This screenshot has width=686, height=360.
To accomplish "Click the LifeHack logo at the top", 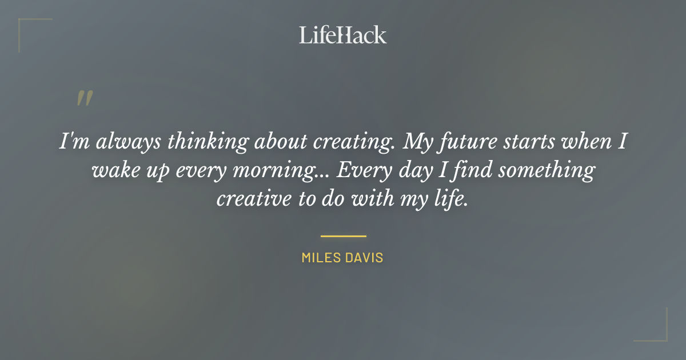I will tap(342, 35).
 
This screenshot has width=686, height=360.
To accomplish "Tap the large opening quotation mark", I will tap(84, 99).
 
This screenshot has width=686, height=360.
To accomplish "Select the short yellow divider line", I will tap(343, 235).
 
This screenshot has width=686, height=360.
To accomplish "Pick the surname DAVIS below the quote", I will tap(364, 258).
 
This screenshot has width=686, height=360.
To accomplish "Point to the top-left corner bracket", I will tap(29, 29).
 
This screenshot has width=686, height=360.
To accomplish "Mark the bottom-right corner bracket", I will tap(657, 331).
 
